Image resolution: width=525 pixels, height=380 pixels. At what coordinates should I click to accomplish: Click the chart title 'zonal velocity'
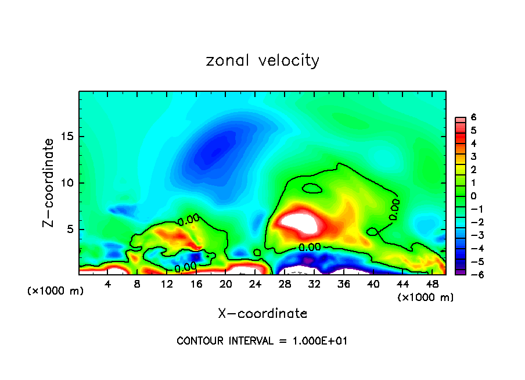point(262,60)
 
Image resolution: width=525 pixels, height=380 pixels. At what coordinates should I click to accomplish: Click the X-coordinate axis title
point(262,314)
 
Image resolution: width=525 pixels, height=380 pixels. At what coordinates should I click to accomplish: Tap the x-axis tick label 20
point(226,284)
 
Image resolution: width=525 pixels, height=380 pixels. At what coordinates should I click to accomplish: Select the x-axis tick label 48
point(432,284)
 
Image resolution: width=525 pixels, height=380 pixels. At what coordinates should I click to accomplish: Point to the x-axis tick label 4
point(108,284)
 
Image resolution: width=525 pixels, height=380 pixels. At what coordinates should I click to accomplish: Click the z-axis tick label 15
point(69,137)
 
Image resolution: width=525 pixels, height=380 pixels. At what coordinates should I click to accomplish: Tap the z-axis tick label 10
point(69,183)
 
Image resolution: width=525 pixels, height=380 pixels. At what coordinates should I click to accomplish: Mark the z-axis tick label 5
point(71,229)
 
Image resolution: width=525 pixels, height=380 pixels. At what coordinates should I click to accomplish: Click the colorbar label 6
point(473,117)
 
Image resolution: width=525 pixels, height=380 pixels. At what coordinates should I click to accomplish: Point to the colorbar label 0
point(473,196)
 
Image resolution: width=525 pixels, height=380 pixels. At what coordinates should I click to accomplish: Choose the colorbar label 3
point(473,156)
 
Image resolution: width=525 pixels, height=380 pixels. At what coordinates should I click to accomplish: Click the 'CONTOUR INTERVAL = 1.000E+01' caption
point(262,341)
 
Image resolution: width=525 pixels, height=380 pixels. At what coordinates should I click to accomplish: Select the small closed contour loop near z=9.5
point(312,188)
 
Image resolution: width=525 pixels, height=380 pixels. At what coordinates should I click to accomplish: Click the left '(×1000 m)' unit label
point(55,291)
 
